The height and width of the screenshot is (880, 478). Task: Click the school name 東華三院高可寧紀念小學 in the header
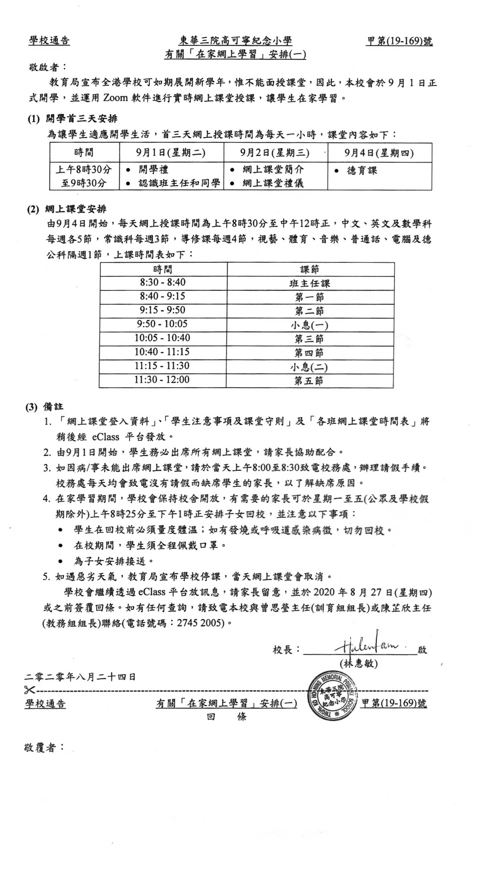click(235, 41)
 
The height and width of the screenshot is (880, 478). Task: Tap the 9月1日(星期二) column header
click(171, 152)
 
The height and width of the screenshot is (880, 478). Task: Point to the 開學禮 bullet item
click(153, 169)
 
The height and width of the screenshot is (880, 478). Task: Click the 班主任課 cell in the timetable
click(309, 283)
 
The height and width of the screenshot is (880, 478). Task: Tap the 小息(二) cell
click(309, 367)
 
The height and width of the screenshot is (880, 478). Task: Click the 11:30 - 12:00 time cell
click(162, 380)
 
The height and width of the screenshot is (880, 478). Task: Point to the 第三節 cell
click(309, 339)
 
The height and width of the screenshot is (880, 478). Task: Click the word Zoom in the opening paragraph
click(115, 98)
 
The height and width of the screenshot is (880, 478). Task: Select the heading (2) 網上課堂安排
click(67, 209)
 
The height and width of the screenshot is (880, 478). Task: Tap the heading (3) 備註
click(45, 407)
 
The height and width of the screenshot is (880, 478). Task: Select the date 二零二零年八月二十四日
click(80, 677)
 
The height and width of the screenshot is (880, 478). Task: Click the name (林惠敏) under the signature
click(359, 663)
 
